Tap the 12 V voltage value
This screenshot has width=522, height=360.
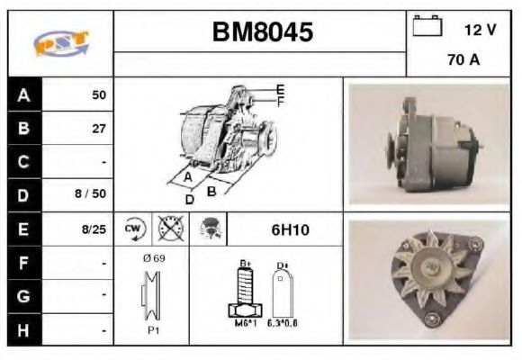(x=480, y=30)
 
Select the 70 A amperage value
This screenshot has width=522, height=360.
(x=463, y=61)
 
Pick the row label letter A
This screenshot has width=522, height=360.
(x=23, y=94)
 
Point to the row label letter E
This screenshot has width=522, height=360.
(x=23, y=229)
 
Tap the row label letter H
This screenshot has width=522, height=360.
(x=23, y=330)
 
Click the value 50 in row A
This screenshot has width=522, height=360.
(x=98, y=94)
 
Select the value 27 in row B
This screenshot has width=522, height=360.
(x=98, y=129)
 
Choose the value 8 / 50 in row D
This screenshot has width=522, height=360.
(x=93, y=194)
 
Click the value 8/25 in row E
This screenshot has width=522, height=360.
(x=93, y=229)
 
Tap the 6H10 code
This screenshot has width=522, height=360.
(x=290, y=229)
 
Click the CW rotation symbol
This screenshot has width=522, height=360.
(x=133, y=229)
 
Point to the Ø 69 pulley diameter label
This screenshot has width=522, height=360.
(x=152, y=258)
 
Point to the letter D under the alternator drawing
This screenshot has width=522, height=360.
(x=189, y=199)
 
